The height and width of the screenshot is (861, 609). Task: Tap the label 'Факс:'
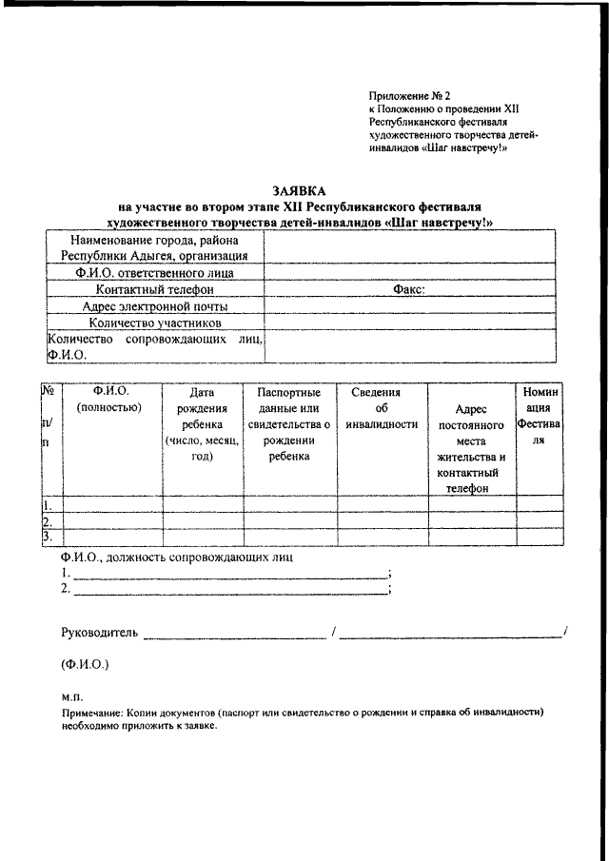(409, 289)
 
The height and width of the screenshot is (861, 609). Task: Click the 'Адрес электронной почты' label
(155, 306)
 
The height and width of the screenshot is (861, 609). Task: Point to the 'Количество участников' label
(155, 323)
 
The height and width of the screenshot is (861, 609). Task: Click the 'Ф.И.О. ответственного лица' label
(155, 272)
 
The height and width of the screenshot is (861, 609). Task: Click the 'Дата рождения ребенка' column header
(203, 424)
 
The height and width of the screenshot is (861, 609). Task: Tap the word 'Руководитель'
(100, 632)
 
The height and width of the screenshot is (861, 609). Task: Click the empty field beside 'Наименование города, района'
(409, 247)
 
